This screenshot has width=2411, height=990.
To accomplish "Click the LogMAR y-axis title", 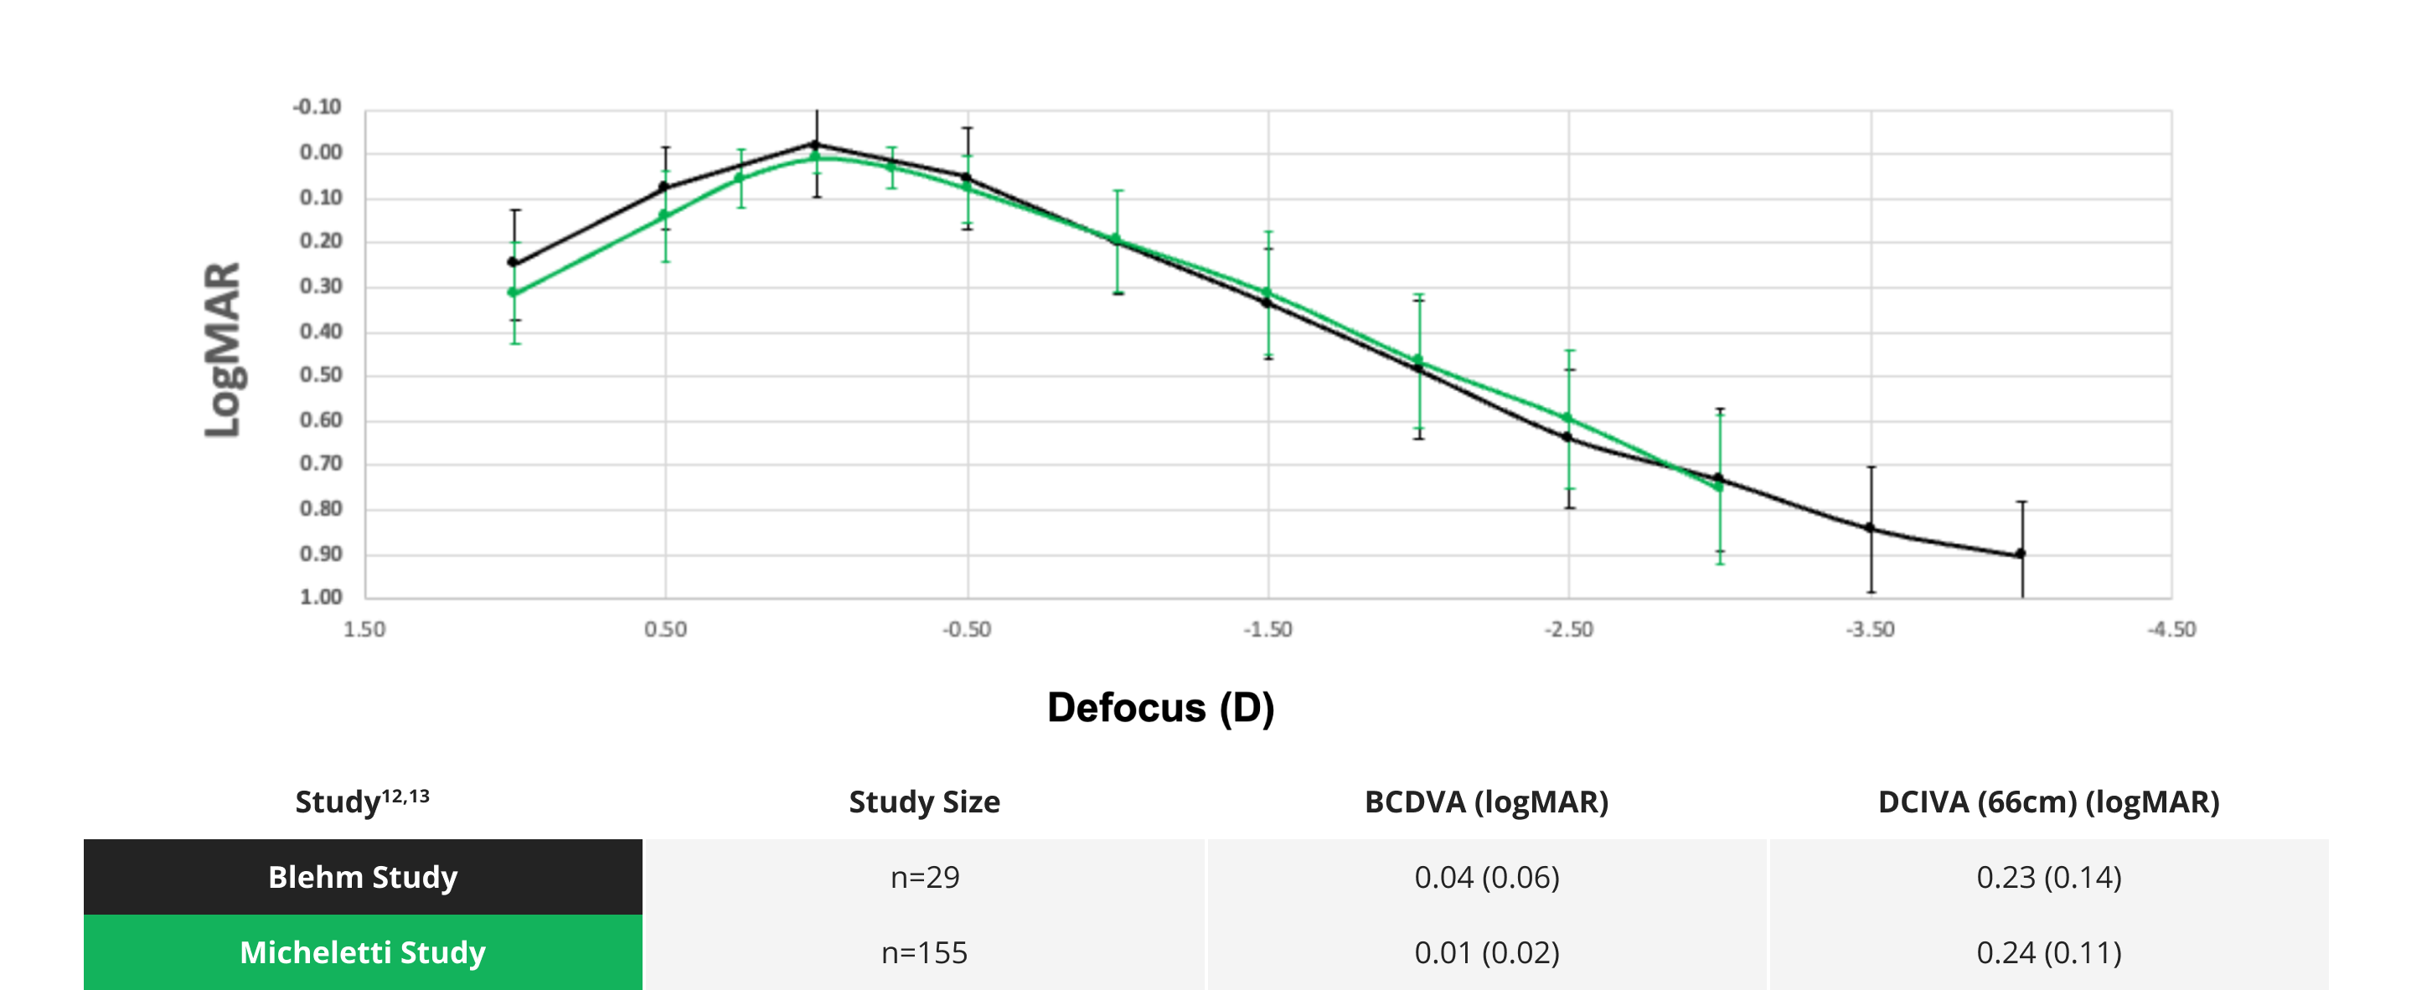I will [223, 349].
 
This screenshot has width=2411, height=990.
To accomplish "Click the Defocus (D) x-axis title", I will [1159, 708].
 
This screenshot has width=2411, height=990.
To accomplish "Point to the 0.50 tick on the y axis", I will [321, 375].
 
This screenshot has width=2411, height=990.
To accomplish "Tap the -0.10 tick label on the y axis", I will [318, 106].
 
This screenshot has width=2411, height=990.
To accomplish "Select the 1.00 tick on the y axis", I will [321, 597].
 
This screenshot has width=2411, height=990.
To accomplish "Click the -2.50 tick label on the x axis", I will [1568, 630].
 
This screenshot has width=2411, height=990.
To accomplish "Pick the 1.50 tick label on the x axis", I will [364, 630].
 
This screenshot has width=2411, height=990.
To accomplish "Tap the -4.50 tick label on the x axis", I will [2171, 630].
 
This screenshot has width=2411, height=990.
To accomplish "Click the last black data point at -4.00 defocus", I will [2021, 554].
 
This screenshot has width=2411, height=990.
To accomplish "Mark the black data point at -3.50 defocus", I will [1870, 528].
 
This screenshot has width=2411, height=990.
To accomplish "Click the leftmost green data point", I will [513, 293].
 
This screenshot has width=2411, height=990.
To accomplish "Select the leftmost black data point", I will [513, 262].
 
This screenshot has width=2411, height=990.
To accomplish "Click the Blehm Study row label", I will [363, 877].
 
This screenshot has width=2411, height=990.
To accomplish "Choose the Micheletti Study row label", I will [363, 952].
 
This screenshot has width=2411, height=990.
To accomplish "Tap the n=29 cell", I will [925, 877].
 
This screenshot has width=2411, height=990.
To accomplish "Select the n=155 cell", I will [925, 952].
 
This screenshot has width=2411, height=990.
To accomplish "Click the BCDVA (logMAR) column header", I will [1486, 802].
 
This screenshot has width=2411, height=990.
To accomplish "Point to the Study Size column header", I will [925, 802].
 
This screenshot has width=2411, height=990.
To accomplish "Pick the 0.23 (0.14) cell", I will [2049, 877].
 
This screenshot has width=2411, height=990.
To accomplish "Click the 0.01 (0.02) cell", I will [1486, 952].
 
